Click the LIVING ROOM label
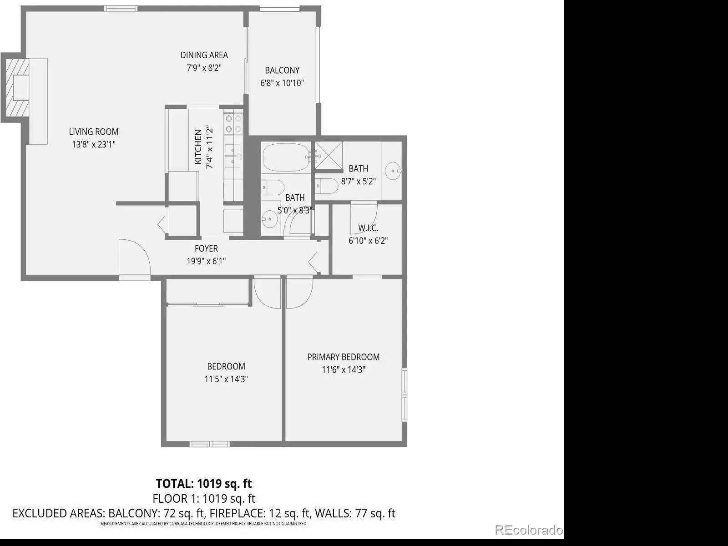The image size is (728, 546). [94, 131]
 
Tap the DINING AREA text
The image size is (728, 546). [204, 55]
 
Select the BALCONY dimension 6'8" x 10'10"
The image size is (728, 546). [282, 83]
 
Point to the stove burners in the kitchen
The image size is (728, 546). [233, 123]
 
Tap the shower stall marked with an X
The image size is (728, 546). [329, 155]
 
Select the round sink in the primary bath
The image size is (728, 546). [393, 171]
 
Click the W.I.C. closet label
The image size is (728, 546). [368, 228]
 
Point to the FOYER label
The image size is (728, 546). [206, 248]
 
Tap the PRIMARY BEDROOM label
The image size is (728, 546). [343, 357]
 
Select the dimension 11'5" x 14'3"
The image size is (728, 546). [226, 379]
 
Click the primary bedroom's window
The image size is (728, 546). [404, 394]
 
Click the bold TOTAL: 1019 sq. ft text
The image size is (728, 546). [204, 484]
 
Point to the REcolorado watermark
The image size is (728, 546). [529, 530]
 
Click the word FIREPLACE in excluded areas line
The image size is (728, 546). [237, 513]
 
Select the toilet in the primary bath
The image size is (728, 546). [326, 186]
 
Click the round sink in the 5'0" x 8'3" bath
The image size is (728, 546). [269, 219]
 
